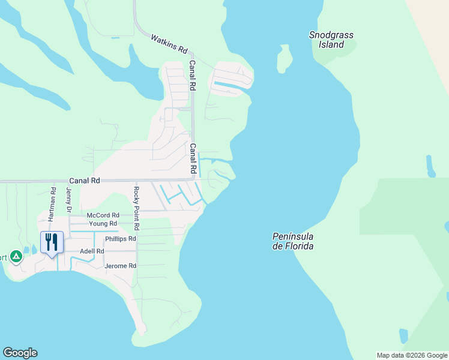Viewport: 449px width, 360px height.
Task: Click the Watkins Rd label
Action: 169,43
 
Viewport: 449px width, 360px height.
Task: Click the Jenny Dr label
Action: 69,200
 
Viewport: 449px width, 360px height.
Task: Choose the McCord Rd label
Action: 103,215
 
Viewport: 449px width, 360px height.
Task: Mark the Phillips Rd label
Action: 121,239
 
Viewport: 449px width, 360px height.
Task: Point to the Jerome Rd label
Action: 121,266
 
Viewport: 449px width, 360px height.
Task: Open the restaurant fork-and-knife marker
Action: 52,242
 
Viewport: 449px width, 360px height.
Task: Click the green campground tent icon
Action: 16,257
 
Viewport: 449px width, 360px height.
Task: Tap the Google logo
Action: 20,353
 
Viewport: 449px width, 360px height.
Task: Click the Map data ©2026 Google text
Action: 412,355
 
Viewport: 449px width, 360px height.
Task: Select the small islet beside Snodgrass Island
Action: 284,59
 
